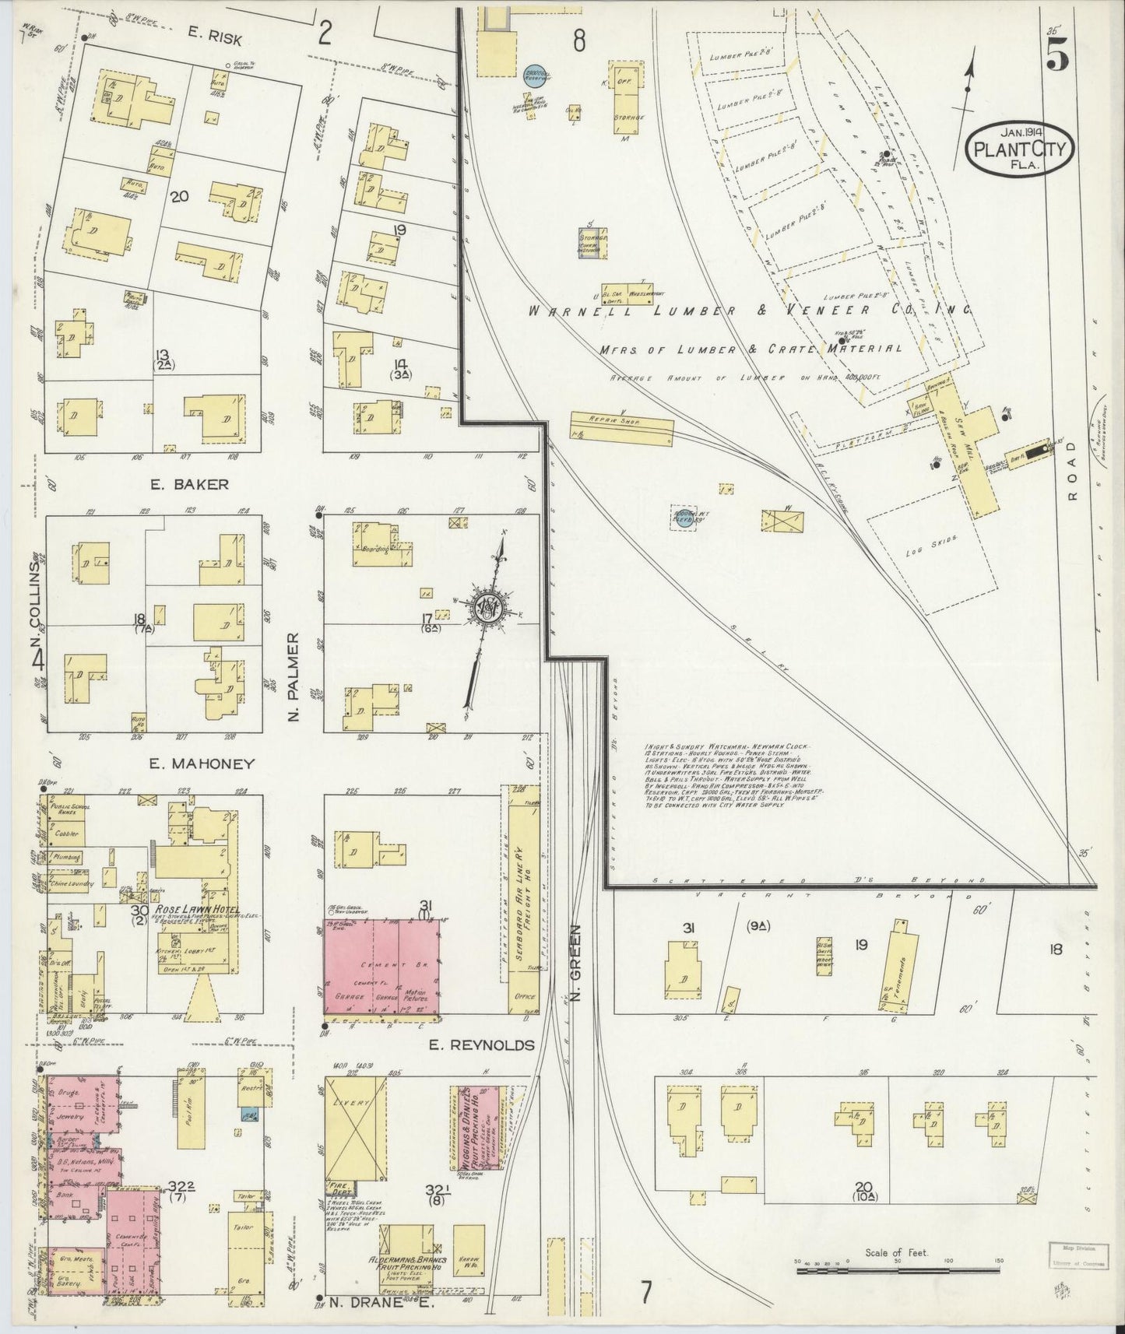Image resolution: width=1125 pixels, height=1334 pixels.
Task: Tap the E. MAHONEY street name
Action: (x=202, y=764)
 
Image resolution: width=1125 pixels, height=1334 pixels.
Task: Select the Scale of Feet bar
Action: (x=898, y=1269)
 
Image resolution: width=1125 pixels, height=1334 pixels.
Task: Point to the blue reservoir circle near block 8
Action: (x=533, y=74)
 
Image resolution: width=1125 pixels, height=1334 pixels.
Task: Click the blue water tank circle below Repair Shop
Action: (x=683, y=518)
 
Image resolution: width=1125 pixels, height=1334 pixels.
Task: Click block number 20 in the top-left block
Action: (x=180, y=197)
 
